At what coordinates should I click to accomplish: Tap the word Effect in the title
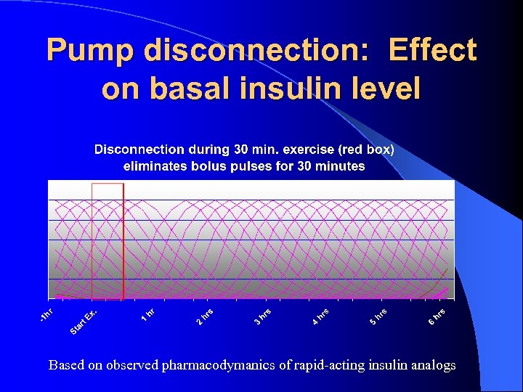[x=432, y=51]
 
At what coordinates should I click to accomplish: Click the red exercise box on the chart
[x=108, y=240]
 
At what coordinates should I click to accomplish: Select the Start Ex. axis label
[x=84, y=323]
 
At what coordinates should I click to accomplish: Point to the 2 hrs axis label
[x=205, y=317]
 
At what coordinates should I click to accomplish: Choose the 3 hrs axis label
[x=263, y=317]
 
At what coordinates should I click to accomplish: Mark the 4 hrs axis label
[x=321, y=317]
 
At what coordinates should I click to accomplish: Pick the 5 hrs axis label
[x=378, y=317]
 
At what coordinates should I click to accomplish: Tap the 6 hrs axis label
[x=437, y=317]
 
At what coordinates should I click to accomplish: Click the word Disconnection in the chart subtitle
[x=139, y=150]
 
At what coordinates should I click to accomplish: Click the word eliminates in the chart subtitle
[x=155, y=166]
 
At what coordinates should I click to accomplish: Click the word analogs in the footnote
[x=434, y=365]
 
